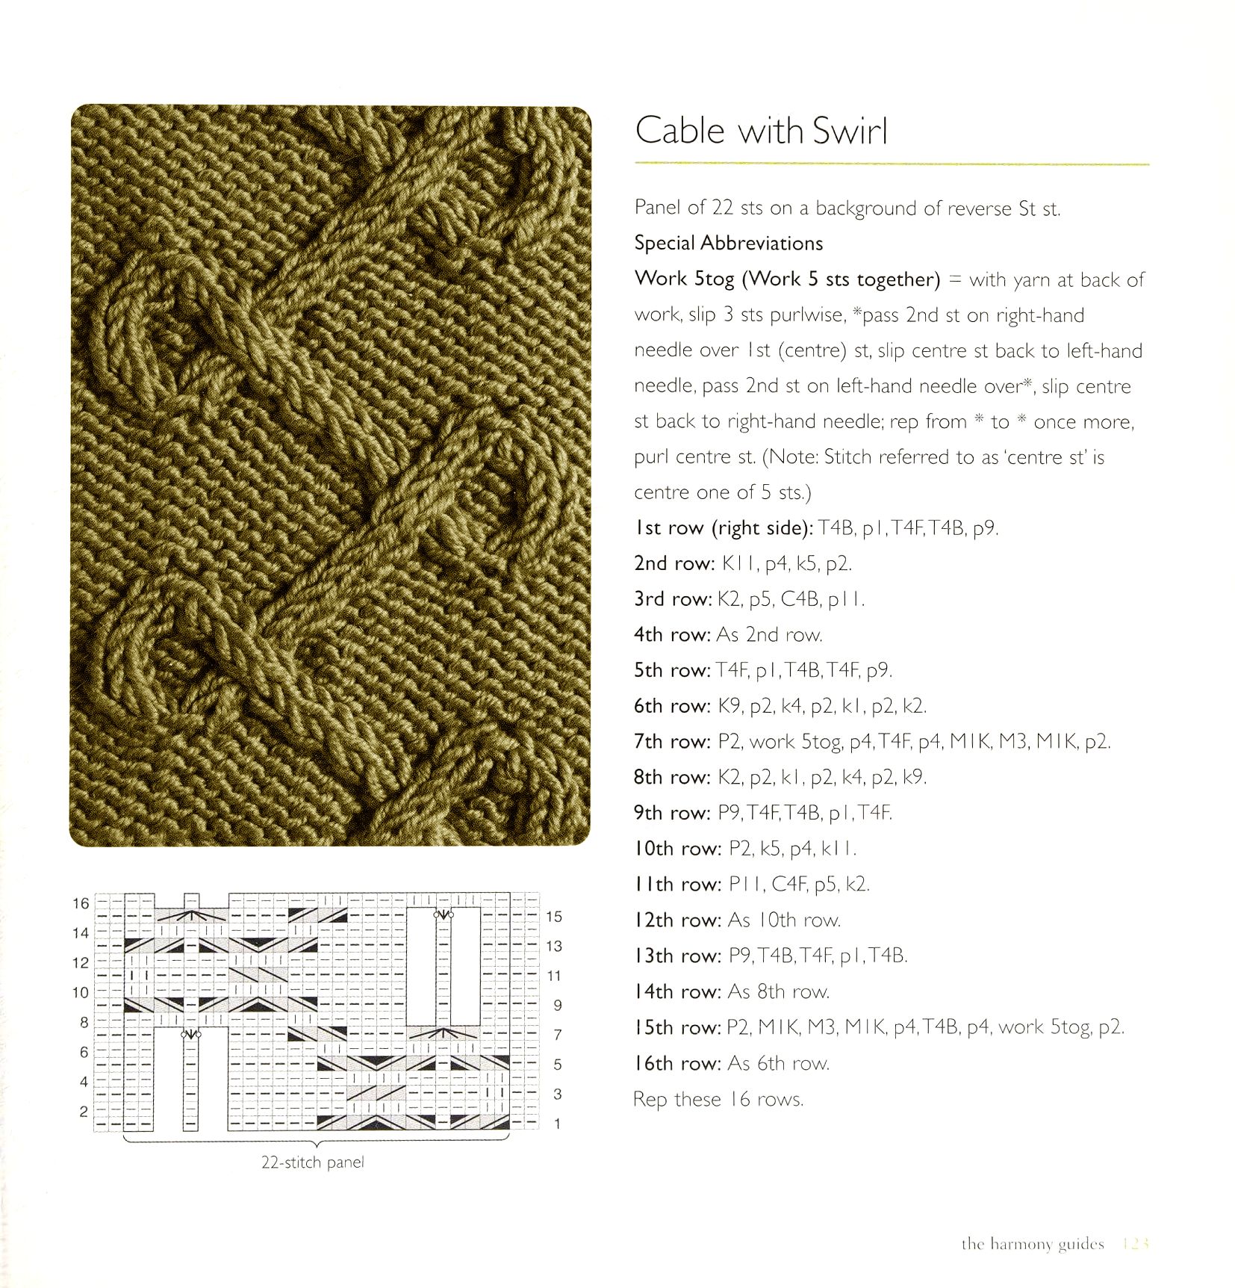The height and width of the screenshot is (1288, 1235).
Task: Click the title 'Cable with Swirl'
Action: (761, 131)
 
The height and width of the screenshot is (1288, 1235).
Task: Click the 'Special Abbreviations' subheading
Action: (728, 244)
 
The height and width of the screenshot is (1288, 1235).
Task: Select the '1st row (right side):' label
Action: (723, 528)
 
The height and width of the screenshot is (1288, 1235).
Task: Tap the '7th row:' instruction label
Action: (672, 742)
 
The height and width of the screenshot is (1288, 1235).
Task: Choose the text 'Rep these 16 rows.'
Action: (718, 1099)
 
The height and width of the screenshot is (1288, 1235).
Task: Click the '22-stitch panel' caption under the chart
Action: (312, 1162)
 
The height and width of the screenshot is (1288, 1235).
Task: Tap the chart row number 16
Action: (81, 904)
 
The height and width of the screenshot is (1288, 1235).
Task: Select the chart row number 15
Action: (553, 917)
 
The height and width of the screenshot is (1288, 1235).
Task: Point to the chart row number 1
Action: (557, 1124)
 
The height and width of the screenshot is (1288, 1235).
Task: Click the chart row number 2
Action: (84, 1112)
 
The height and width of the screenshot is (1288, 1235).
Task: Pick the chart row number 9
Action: (557, 1006)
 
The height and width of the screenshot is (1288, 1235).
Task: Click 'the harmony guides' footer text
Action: (1032, 1244)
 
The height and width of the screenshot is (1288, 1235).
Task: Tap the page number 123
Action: (1135, 1244)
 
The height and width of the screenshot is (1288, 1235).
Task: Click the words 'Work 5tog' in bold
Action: (684, 279)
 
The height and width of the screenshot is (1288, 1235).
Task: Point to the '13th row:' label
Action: (678, 956)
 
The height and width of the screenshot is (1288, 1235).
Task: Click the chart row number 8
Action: (84, 1023)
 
